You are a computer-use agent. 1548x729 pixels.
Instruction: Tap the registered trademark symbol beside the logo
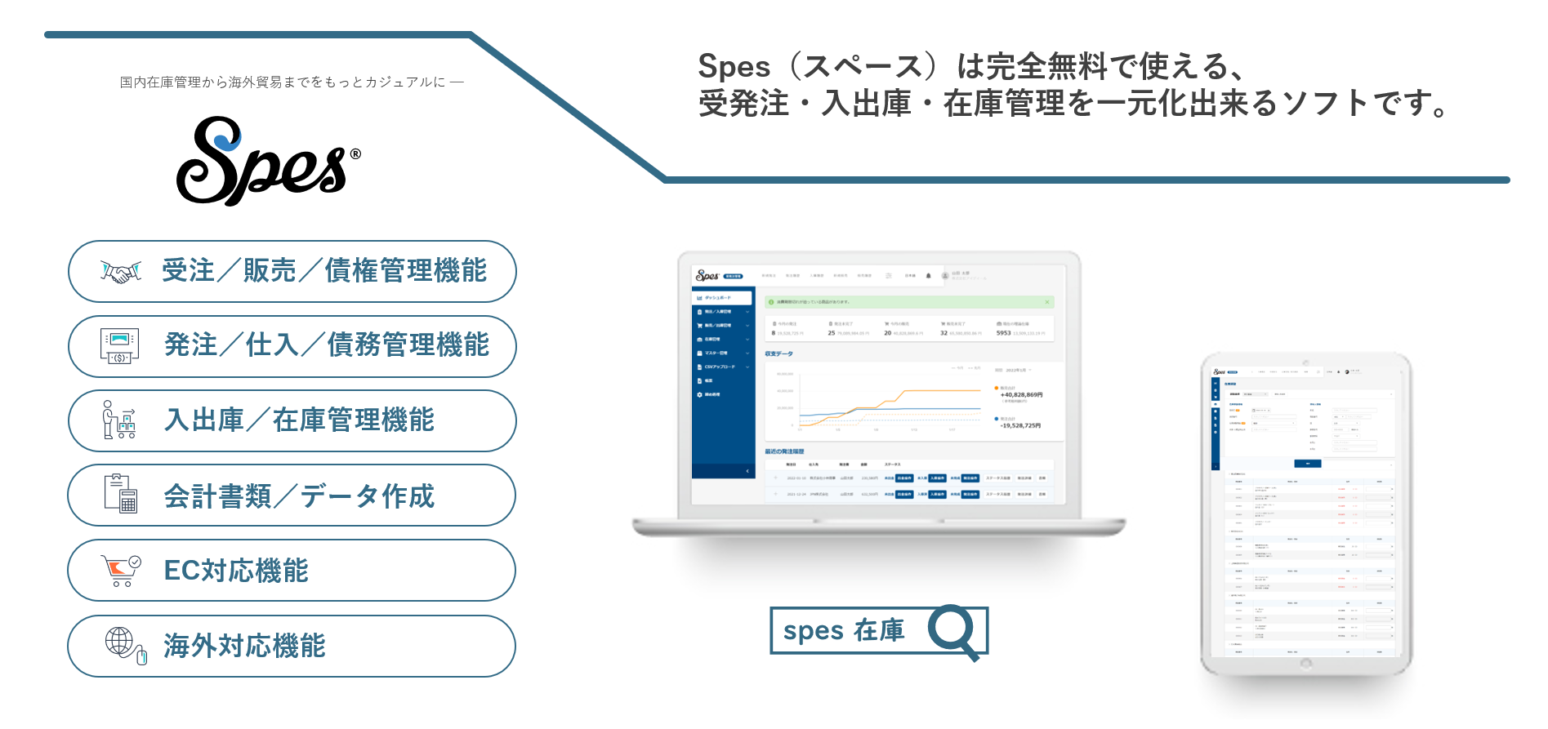pyautogui.click(x=355, y=153)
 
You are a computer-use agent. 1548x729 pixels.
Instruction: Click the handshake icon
pyautogui.click(x=121, y=272)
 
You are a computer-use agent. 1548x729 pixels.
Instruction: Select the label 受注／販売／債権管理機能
pyautogui.click(x=324, y=271)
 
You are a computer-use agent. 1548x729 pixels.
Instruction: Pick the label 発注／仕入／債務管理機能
pyautogui.click(x=327, y=345)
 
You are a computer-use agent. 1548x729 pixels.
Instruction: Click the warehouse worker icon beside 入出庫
pyautogui.click(x=119, y=420)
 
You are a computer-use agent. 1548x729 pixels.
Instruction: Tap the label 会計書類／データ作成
pyautogui.click(x=299, y=496)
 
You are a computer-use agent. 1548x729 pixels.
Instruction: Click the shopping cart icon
pyautogui.click(x=120, y=570)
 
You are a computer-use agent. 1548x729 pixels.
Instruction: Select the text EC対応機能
pyautogui.click(x=236, y=571)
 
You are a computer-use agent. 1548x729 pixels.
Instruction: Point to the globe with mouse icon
pyautogui.click(x=125, y=645)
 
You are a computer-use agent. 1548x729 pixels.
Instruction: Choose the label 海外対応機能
pyautogui.click(x=244, y=646)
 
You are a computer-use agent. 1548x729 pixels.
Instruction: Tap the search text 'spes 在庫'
pyautogui.click(x=843, y=631)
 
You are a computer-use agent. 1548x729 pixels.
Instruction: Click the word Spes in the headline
pyautogui.click(x=734, y=66)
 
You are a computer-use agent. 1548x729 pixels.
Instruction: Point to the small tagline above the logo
pyautogui.click(x=292, y=82)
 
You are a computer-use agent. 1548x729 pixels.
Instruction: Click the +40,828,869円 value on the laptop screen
pyautogui.click(x=1021, y=394)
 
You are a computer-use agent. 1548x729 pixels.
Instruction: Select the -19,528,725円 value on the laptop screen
pyautogui.click(x=1020, y=425)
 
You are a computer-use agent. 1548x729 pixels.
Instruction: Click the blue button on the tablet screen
pyautogui.click(x=1307, y=463)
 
